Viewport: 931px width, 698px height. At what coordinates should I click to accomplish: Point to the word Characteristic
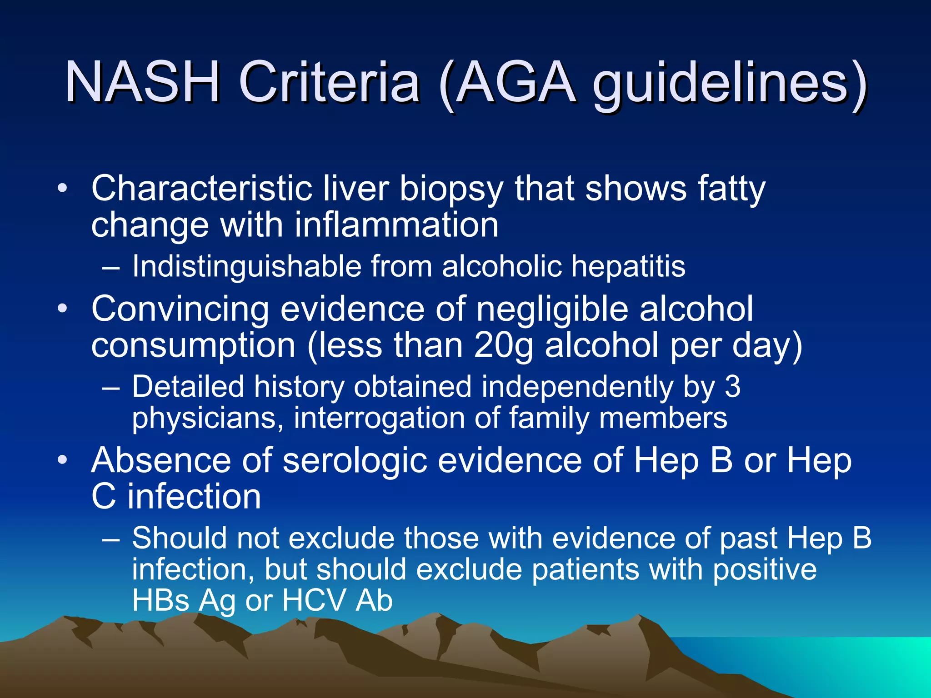click(x=201, y=188)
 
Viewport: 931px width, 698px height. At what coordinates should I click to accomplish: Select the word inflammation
click(x=396, y=224)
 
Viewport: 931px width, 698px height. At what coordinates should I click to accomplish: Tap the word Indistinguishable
click(x=246, y=266)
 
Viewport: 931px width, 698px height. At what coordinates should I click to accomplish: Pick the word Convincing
click(x=180, y=309)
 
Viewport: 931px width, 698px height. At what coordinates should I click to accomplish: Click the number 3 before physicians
click(x=732, y=387)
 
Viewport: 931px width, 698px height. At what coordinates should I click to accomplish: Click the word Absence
click(x=161, y=460)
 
